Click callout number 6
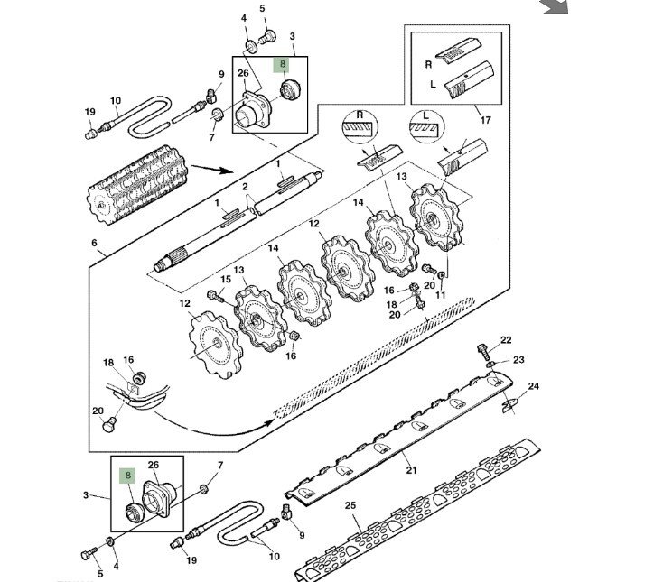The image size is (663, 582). (94, 244)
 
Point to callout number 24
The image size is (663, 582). (533, 386)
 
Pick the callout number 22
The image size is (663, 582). (506, 340)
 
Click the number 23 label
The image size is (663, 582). (518, 360)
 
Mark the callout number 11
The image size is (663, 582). (441, 295)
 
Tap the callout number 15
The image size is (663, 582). (226, 279)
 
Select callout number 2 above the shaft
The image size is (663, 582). (244, 186)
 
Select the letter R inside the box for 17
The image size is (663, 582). (430, 65)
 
